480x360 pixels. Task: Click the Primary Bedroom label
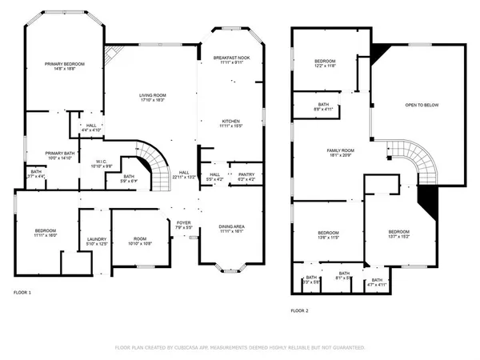coord(64,63)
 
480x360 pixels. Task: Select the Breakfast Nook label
coord(233,58)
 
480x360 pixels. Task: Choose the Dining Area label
coord(232,226)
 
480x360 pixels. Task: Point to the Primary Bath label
coord(60,153)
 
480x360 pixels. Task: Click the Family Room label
coord(340,150)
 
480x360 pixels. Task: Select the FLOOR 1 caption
coord(22,293)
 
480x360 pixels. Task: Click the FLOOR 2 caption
coord(299,309)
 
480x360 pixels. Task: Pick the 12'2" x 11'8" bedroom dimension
coord(325,67)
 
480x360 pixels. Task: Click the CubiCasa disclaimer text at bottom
coord(240,348)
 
